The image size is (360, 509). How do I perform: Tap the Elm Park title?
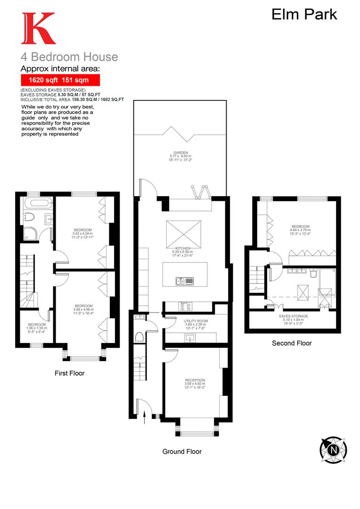(x=304, y=14)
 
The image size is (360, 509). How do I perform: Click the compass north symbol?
(x=333, y=449)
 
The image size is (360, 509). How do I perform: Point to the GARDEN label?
(x=180, y=153)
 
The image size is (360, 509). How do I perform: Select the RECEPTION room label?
(x=195, y=380)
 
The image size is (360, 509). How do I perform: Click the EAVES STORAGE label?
(x=293, y=316)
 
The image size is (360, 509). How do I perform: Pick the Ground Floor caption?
(x=182, y=452)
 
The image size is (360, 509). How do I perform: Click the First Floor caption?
(x=69, y=373)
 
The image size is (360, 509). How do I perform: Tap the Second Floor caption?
(x=292, y=343)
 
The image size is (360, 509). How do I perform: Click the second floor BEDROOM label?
(x=300, y=226)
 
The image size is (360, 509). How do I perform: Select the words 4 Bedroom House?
(x=69, y=57)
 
